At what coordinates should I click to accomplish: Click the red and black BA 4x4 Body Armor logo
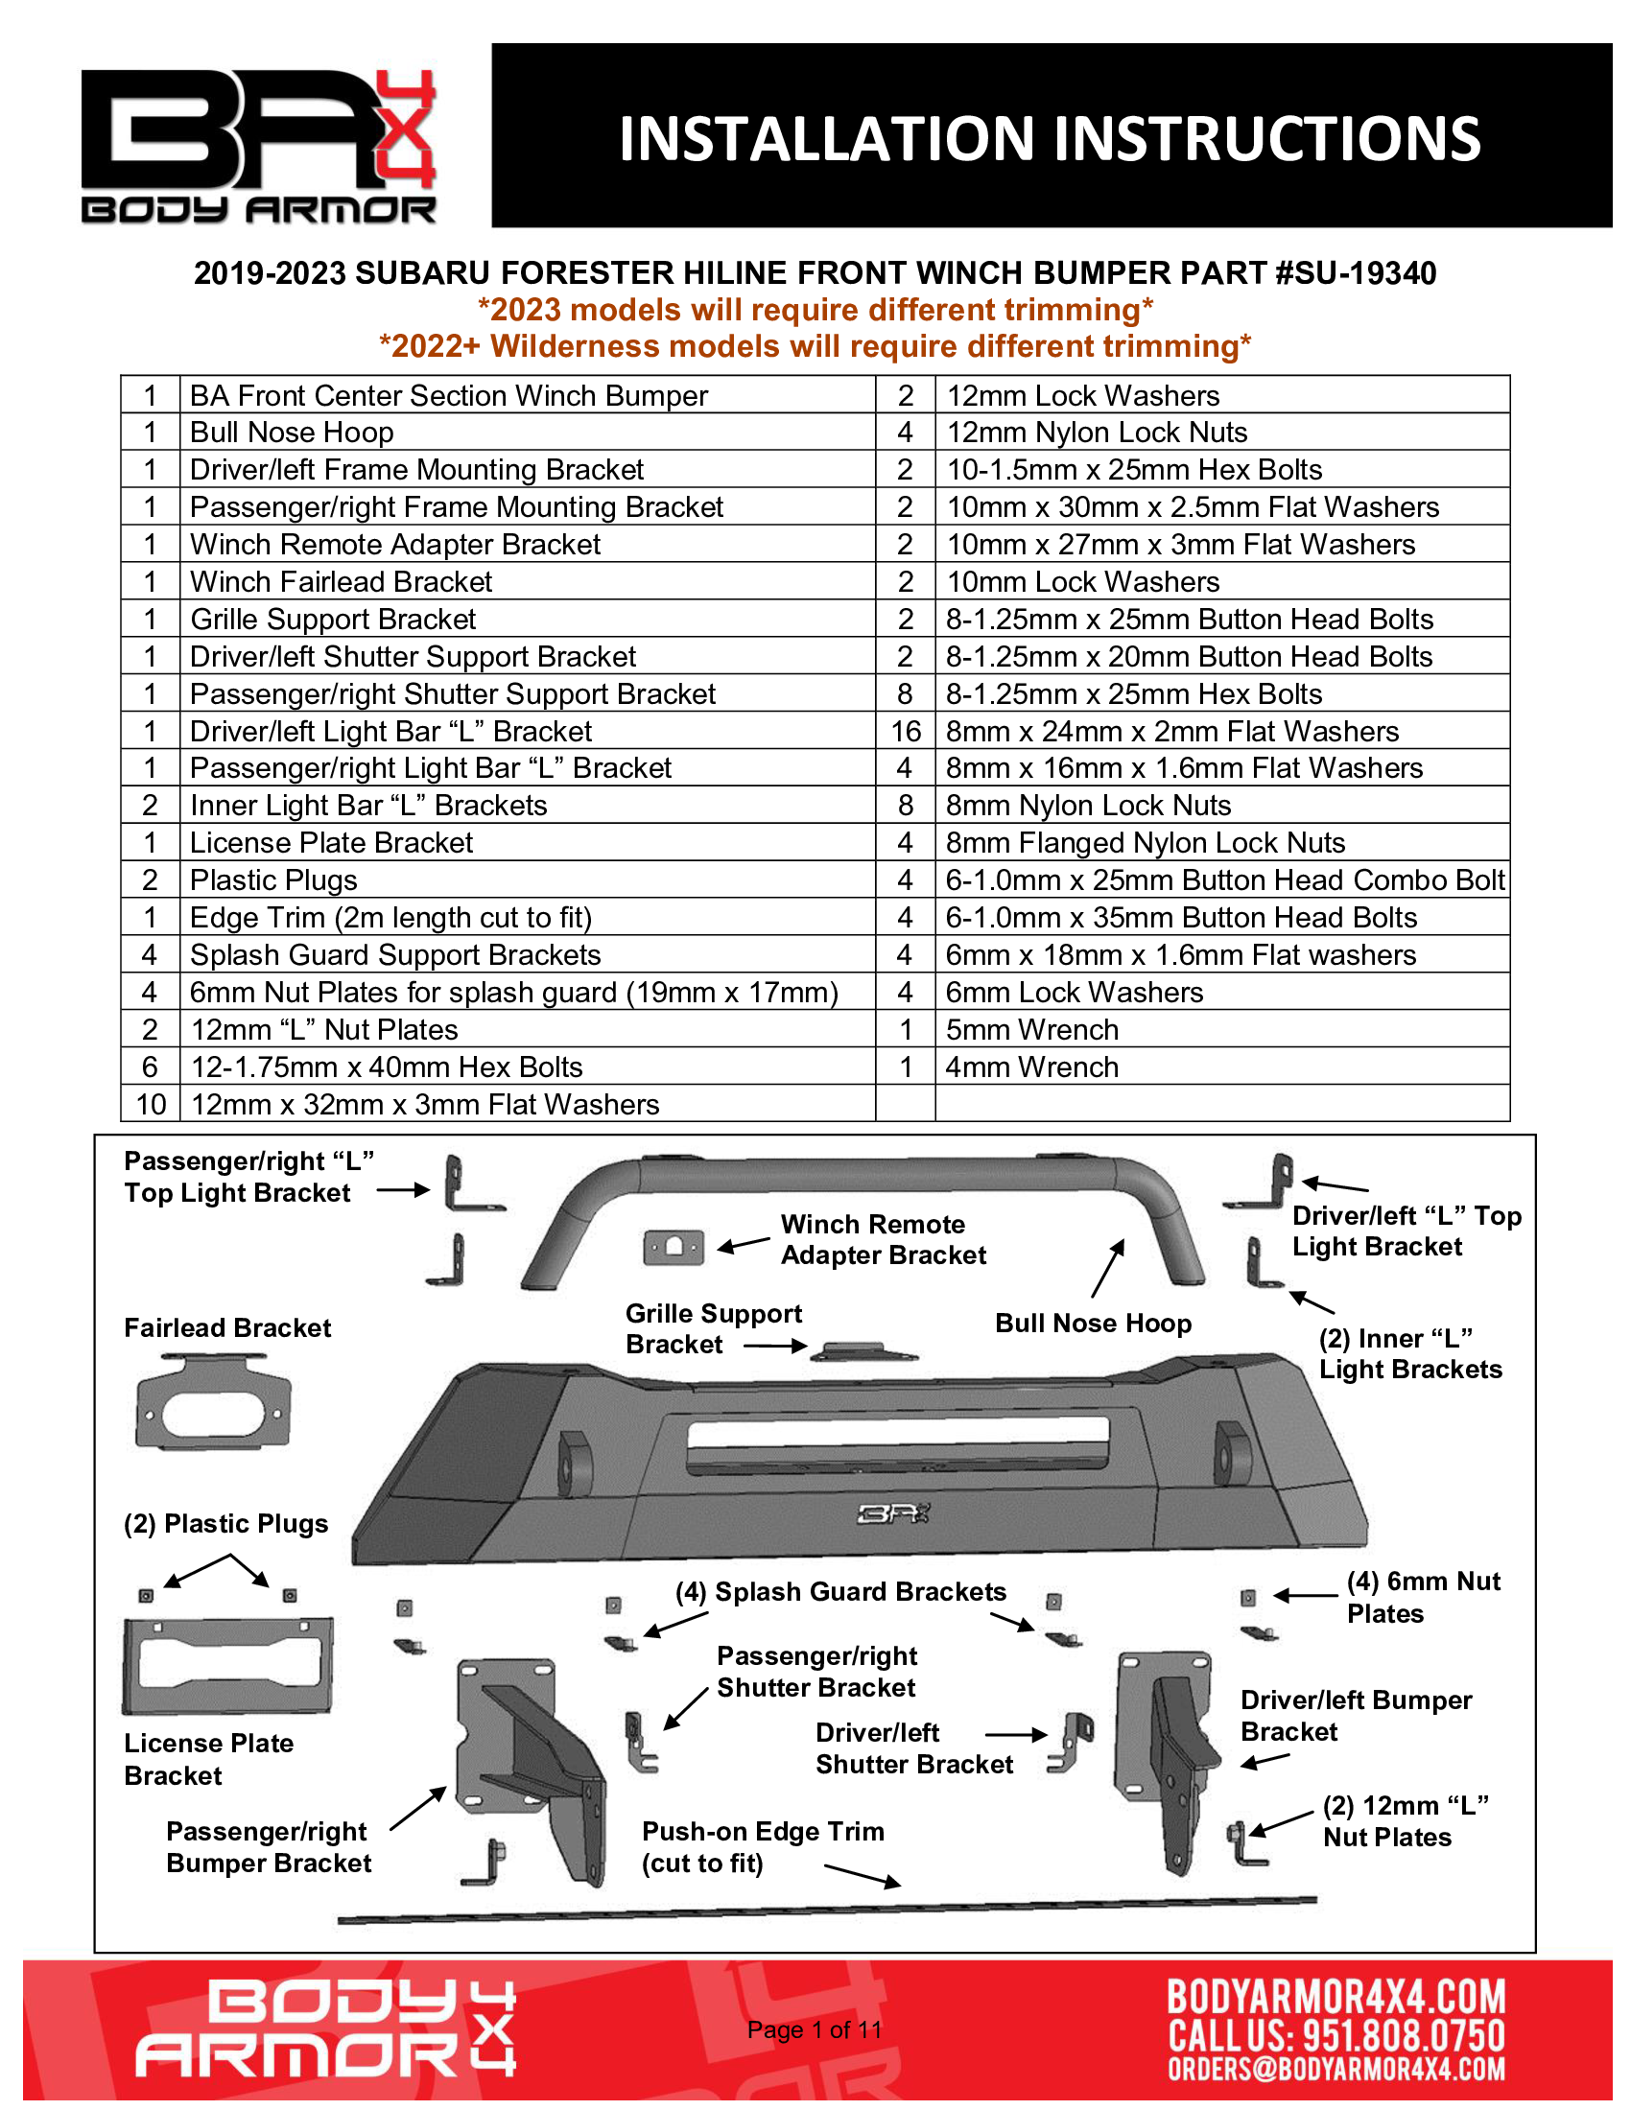pos(258,145)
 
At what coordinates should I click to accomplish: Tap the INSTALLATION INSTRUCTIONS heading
pos(1050,138)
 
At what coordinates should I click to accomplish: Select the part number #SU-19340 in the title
pos(1356,273)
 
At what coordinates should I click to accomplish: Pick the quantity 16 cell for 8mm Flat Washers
pos(906,732)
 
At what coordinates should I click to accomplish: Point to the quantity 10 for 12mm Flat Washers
pos(151,1104)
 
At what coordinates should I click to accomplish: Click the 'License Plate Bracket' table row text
pos(331,842)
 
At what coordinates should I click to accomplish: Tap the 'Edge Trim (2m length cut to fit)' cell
pos(390,918)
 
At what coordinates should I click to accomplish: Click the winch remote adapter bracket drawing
pos(674,1247)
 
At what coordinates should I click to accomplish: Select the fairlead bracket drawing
pos(213,1402)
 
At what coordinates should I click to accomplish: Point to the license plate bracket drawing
pos(228,1665)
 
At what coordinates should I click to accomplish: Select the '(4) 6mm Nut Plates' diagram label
pos(1423,1597)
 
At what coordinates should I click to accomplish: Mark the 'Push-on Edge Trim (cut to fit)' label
pos(763,1846)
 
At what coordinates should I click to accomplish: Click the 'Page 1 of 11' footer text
pos(815,2029)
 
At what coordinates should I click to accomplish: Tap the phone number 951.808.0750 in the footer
pos(1404,2034)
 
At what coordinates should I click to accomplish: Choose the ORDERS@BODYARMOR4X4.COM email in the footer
pos(1336,2070)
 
